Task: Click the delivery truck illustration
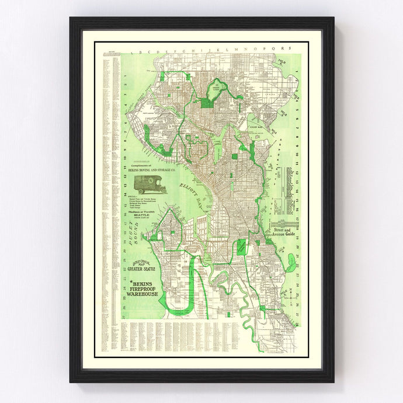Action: tap(150, 184)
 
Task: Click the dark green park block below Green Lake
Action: tap(206, 103)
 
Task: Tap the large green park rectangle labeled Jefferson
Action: tap(242, 246)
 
